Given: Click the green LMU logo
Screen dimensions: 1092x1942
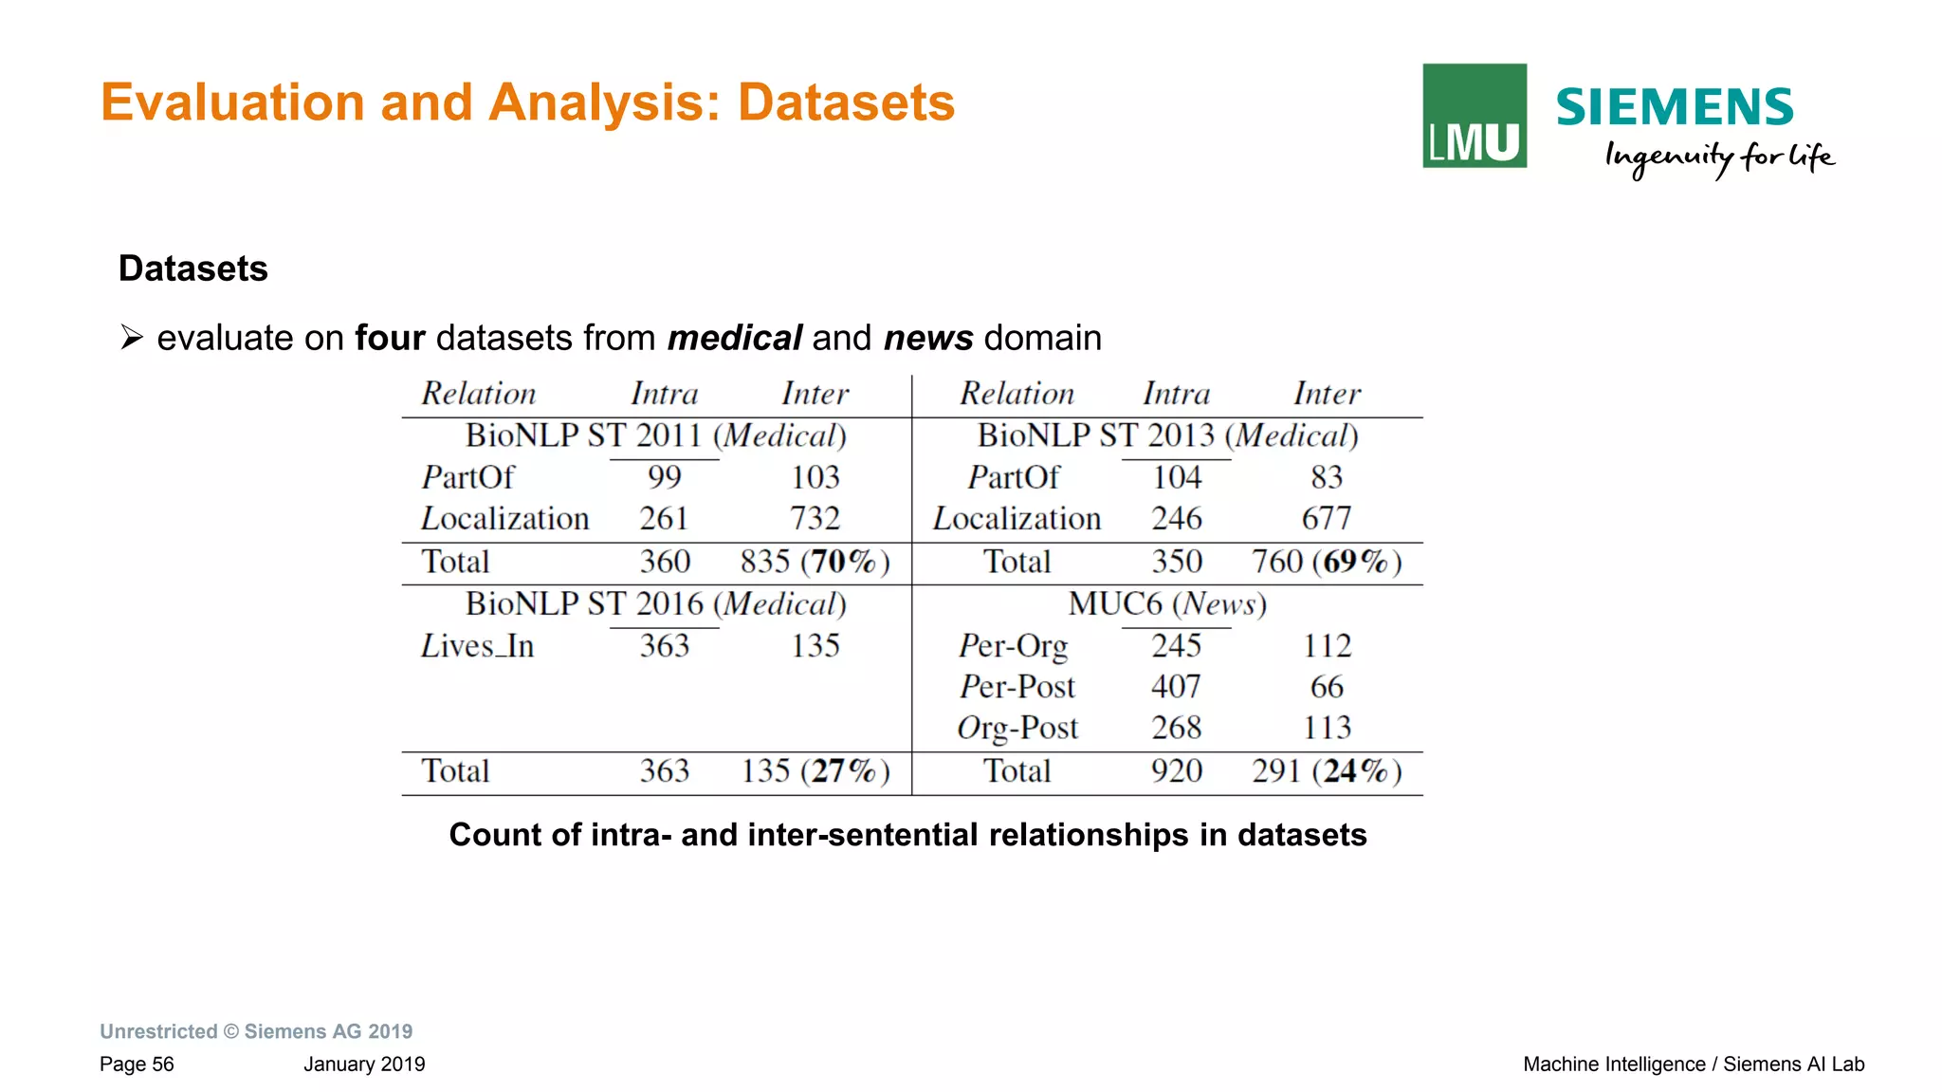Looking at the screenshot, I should (x=1474, y=116).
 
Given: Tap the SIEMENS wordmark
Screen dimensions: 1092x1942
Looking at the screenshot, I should (x=1674, y=106).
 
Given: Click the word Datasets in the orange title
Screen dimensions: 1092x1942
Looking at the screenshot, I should (x=846, y=102).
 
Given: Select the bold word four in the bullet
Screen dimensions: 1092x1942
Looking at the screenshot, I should (x=390, y=338).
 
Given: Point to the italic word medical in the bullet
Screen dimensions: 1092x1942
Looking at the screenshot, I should (x=735, y=338).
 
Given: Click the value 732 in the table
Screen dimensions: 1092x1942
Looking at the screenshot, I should (x=815, y=519).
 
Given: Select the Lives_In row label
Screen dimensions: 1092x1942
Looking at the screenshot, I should (x=477, y=646).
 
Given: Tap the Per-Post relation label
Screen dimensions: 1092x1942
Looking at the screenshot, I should (x=1017, y=687).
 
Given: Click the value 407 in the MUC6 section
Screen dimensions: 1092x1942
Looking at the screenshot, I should (x=1176, y=687).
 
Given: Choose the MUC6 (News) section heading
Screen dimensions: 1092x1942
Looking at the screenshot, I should (x=1166, y=604).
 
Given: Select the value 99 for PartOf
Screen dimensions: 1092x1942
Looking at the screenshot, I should (x=664, y=477).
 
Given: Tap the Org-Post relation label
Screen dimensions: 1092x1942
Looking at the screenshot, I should (x=1017, y=728).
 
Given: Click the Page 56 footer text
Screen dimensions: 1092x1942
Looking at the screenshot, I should (x=137, y=1064).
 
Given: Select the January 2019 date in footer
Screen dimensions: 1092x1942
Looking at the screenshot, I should (x=364, y=1064).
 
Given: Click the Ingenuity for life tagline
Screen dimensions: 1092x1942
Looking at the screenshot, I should (x=1718, y=157).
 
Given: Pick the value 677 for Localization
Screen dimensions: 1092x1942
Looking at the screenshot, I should (x=1326, y=519).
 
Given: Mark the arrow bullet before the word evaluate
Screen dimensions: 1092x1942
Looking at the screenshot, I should (x=132, y=338).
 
